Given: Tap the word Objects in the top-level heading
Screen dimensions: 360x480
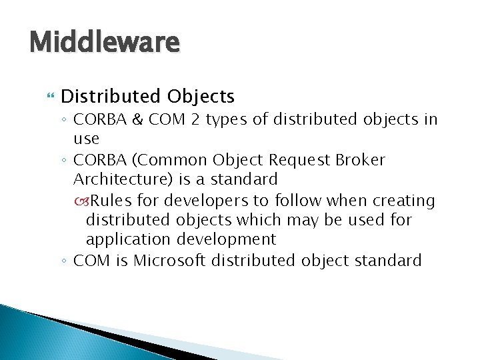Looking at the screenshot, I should pos(201,97).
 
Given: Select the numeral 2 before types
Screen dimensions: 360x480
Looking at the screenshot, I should pos(193,119).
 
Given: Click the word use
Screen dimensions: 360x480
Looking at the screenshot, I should pos(86,139).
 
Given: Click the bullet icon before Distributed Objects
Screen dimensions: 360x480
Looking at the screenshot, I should pos(46,97).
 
